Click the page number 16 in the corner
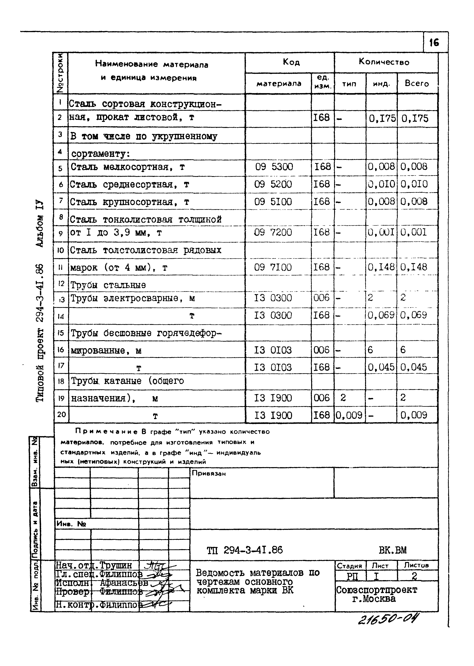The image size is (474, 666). pyautogui.click(x=434, y=43)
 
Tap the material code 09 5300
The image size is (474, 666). pyautogui.click(x=274, y=167)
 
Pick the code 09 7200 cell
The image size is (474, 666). pyautogui.click(x=273, y=232)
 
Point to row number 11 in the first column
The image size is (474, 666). pyautogui.click(x=60, y=267)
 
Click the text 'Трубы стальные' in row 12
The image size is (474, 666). pyautogui.click(x=108, y=285)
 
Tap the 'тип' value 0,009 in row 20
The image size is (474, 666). pyautogui.click(x=349, y=415)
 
